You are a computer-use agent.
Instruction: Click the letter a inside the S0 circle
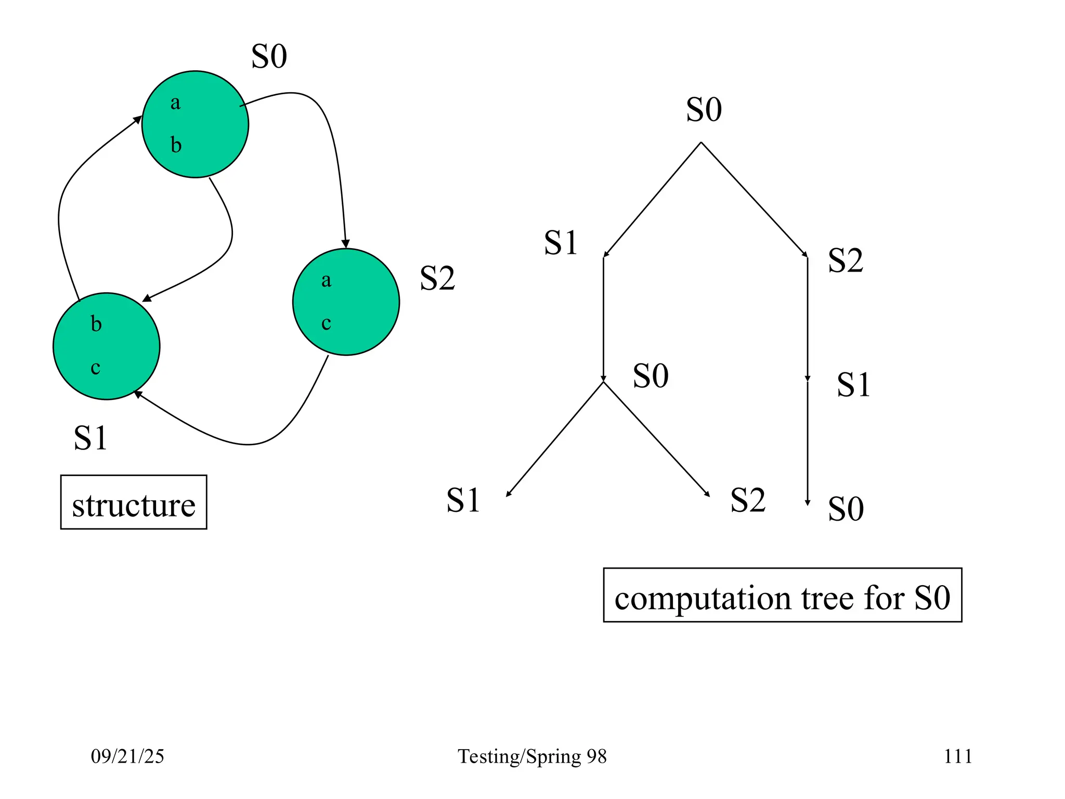(175, 103)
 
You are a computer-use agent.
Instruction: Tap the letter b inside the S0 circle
(176, 145)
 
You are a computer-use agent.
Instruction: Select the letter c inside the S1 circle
(95, 368)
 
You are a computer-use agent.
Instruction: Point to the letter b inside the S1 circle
(96, 324)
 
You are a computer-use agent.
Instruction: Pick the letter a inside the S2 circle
(326, 280)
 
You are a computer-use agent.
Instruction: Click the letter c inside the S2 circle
(326, 323)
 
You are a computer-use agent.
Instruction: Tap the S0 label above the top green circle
(269, 56)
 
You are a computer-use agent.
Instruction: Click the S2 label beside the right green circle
(437, 278)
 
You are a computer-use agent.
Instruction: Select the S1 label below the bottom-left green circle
(90, 437)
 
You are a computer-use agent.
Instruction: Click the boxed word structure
(134, 505)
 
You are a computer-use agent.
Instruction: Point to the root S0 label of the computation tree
(704, 110)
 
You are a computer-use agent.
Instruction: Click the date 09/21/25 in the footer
(127, 756)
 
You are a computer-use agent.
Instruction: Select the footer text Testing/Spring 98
(532, 756)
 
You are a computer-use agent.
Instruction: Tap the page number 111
(958, 756)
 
